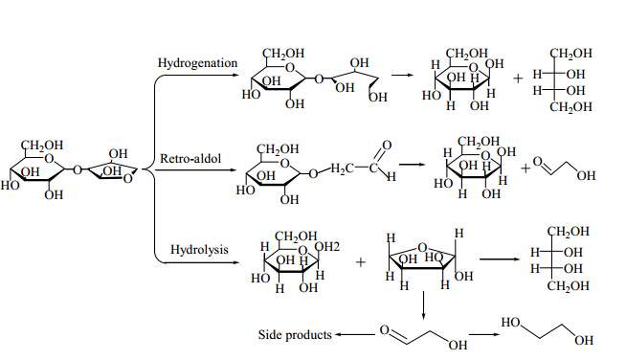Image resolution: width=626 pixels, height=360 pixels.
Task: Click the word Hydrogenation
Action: coord(197,63)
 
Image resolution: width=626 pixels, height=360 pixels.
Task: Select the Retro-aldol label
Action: coord(190,159)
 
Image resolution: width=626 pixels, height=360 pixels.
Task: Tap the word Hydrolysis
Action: coord(199,249)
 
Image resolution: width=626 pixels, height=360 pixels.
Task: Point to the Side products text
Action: coord(295,334)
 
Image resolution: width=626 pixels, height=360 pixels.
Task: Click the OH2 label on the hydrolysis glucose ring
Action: coord(327,247)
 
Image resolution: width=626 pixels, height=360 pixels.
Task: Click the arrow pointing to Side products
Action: coord(354,335)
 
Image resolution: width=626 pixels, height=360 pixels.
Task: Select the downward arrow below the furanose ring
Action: coord(423,305)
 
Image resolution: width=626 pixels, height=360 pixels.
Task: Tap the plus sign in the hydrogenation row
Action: coord(518,79)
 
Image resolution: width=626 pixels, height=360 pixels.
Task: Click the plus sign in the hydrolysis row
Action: coord(361,262)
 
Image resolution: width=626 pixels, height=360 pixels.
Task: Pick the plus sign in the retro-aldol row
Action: coord(525,169)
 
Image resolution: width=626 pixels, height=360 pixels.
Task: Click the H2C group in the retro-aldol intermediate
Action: coord(343,169)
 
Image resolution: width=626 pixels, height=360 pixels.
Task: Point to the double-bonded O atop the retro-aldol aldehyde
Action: coord(387,145)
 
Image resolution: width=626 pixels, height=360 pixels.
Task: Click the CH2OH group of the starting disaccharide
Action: coord(42,145)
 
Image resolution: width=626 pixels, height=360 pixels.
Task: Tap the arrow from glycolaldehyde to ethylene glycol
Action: coord(484,334)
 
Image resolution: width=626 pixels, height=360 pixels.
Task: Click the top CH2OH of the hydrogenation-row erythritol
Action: coord(570,54)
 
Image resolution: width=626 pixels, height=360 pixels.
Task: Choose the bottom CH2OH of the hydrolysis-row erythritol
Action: coord(569,286)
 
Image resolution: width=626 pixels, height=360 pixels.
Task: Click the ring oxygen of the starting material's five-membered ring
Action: coord(127,179)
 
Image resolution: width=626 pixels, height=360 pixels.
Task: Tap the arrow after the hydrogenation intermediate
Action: coord(403,75)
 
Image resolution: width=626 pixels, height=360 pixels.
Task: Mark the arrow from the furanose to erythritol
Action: coord(500,259)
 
